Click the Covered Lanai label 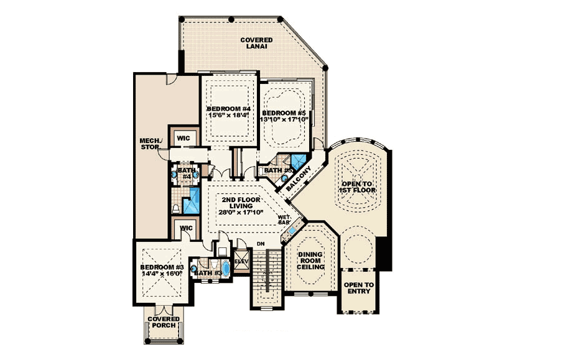click(256, 43)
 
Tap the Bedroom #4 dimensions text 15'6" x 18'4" click(228, 115)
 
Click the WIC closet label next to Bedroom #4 click(184, 138)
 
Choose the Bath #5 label click(274, 170)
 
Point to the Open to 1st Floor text click(358, 187)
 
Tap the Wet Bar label click(293, 219)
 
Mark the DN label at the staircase click(260, 243)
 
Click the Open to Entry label click(359, 288)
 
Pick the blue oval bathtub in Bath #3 click(225, 269)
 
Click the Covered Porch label click(164, 322)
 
